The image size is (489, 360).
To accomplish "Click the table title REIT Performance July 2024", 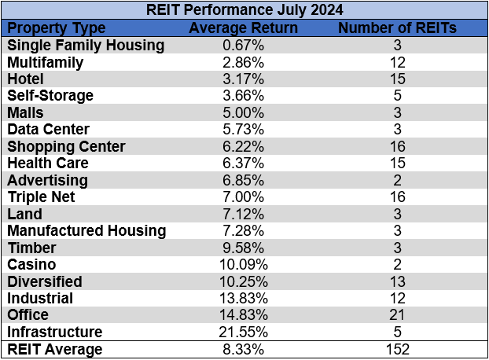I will (244, 11).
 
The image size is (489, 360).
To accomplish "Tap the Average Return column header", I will (244, 28).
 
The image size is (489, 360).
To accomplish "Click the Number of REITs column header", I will (397, 28).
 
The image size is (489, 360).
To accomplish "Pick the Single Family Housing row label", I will (86, 45).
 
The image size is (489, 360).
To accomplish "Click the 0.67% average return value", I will (244, 45).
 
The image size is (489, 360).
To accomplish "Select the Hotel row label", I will (26, 79).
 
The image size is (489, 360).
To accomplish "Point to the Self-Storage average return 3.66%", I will (244, 96).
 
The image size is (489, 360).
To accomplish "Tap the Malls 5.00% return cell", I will (244, 112).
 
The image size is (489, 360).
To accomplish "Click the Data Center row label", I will (49, 130).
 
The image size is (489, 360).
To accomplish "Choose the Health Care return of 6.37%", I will (244, 163).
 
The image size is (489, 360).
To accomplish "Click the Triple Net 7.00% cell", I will (244, 197).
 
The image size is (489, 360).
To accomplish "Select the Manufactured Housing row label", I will (86, 231).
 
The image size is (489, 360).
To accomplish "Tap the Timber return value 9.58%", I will (244, 248).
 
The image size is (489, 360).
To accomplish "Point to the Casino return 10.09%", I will (244, 265).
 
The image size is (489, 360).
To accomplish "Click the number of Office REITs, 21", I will (397, 315).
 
